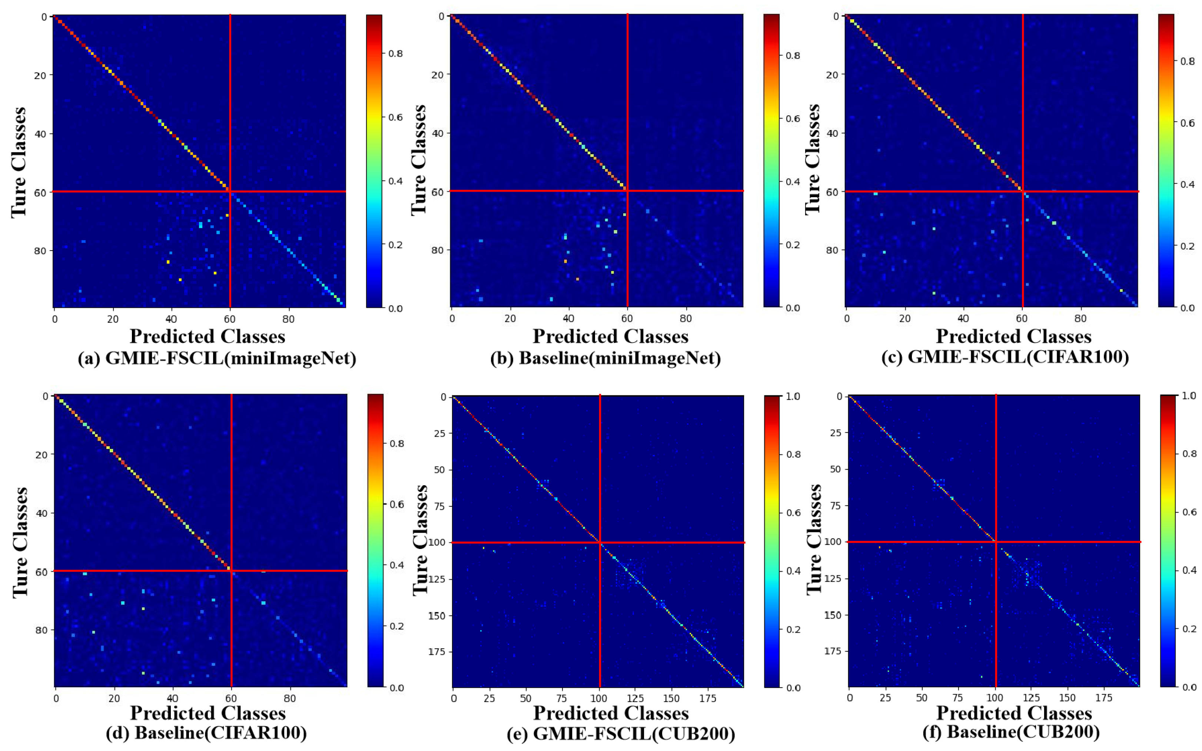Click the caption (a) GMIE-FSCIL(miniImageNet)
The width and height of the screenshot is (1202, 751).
(x=217, y=358)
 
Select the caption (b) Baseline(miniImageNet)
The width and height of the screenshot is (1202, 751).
(x=605, y=358)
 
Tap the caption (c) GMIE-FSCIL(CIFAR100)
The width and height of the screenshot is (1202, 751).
(x=1005, y=357)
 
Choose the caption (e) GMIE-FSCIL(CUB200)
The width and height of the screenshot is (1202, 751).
(x=621, y=734)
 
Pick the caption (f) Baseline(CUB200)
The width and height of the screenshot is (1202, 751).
(x=1011, y=732)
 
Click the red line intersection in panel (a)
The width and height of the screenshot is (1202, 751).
(x=230, y=191)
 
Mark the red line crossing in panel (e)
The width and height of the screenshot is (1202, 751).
(x=600, y=542)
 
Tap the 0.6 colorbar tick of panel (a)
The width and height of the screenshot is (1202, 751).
(x=395, y=117)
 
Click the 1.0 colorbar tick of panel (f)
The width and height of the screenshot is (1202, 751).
(x=1189, y=396)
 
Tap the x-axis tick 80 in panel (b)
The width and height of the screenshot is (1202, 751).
(x=685, y=318)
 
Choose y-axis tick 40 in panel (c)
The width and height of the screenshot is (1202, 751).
(x=832, y=133)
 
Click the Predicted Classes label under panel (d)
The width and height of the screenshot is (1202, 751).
(x=207, y=713)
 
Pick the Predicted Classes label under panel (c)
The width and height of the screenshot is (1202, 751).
(x=1013, y=337)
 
